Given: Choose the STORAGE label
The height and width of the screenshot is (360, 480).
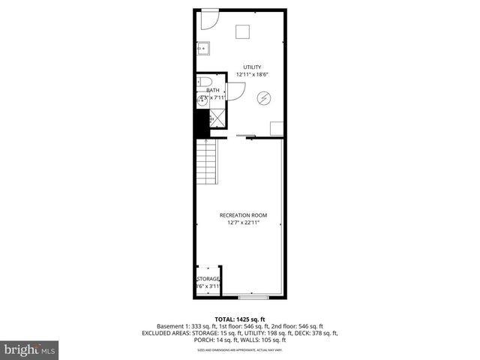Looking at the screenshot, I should click(208, 279).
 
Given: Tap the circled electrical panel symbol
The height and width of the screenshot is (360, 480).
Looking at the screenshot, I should click(264, 97).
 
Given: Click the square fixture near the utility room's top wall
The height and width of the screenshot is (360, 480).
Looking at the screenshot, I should click(242, 31).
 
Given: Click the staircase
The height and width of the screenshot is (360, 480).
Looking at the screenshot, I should click(206, 163).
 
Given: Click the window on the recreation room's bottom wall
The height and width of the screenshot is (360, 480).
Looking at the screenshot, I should click(253, 293).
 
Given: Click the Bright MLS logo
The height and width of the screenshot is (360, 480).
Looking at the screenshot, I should click(30, 349).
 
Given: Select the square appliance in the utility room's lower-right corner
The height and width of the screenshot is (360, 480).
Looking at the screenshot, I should click(277, 127).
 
